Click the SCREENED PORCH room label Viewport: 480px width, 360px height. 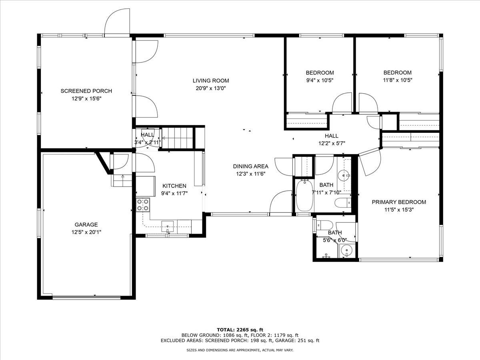coord(86,91)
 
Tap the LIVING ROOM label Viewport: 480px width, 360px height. coord(211,81)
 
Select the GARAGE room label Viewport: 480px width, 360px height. coord(86,224)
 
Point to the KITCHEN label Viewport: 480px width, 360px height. coord(174,186)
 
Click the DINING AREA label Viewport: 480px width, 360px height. coord(251,166)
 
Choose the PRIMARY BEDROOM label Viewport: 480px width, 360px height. coord(399,202)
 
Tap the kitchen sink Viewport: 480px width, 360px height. coord(168,227)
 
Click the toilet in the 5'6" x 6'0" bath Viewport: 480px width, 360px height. coord(325,225)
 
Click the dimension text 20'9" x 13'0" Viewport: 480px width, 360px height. coord(211,88)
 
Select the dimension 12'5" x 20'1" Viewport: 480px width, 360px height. coord(86,232)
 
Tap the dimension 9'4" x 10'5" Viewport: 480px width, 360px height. coord(320,80)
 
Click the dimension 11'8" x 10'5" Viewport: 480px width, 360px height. coord(398,80)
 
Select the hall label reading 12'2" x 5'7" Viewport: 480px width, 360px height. coord(332,143)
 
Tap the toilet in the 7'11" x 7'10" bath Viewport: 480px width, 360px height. coord(343,203)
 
